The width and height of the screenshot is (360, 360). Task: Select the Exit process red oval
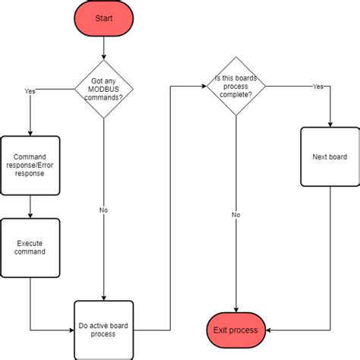[235, 330]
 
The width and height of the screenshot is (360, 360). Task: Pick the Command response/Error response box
[30, 165]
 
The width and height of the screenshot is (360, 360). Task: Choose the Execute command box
[30, 247]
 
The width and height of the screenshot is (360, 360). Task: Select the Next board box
[330, 156]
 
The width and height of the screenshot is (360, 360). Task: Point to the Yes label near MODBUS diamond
[30, 90]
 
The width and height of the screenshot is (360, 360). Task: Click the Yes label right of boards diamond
[317, 87]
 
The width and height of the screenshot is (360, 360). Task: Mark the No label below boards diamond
[235, 215]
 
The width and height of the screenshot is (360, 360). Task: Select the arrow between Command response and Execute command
[30, 205]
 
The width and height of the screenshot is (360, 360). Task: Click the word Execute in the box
[30, 242]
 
